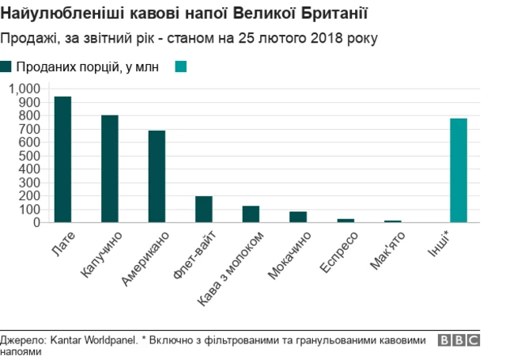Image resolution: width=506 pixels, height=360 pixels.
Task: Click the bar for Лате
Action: tap(62, 159)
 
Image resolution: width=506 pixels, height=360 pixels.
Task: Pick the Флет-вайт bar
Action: tap(204, 209)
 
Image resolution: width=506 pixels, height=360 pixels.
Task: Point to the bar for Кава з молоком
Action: tap(251, 214)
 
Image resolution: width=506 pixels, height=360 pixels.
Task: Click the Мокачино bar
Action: tap(298, 217)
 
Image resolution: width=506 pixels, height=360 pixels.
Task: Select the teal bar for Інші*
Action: tap(459, 170)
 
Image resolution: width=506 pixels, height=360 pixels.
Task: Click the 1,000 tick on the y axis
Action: tap(24, 89)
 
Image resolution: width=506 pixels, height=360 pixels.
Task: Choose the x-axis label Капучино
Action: tap(100, 256)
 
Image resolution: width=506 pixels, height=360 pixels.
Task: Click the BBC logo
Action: tap(459, 340)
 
